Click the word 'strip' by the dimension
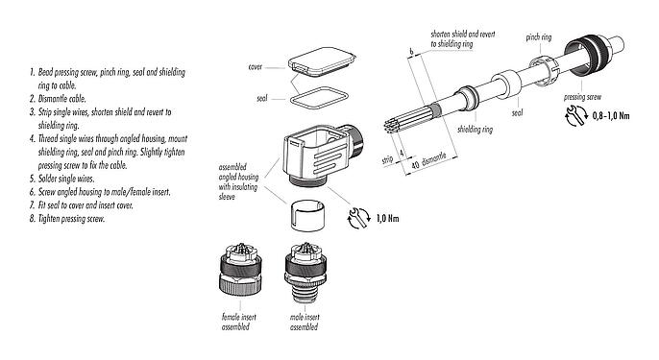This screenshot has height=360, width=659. [x=387, y=159]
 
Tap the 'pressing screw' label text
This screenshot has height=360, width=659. [x=585, y=98]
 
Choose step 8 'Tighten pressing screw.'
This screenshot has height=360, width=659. [x=62, y=218]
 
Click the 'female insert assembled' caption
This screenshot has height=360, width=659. [x=235, y=321]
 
